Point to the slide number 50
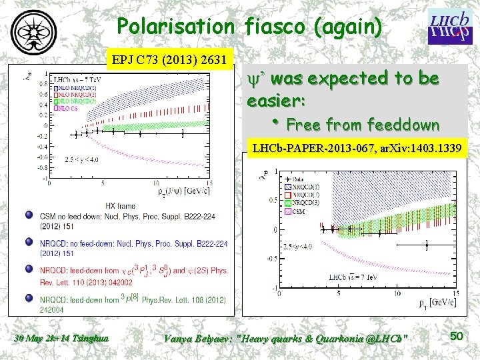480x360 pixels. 456,337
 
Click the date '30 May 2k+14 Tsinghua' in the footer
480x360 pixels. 61,339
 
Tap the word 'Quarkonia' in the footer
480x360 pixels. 331,339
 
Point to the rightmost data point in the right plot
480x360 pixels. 427,246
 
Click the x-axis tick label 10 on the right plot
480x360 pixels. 395,293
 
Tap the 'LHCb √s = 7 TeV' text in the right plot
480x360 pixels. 350,276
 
